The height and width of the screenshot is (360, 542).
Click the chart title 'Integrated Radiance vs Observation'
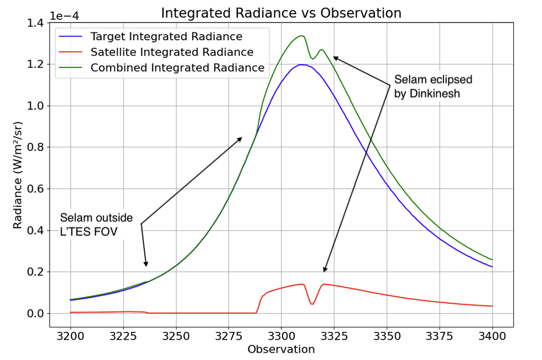click(x=281, y=12)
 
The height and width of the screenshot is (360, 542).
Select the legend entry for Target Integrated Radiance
click(x=166, y=37)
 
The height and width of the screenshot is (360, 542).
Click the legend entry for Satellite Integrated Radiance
click(x=172, y=52)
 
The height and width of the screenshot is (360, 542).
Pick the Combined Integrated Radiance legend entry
click(x=177, y=68)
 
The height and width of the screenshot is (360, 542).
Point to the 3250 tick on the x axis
click(x=176, y=335)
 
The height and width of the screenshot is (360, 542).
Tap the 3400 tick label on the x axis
click(x=492, y=335)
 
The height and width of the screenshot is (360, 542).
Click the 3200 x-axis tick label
click(x=71, y=335)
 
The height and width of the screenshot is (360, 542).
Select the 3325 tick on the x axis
click(x=334, y=335)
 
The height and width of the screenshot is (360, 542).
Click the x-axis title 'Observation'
click(x=281, y=350)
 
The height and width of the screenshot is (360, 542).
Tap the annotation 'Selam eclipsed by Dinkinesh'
click(x=433, y=87)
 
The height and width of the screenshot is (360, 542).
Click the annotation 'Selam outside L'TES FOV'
click(x=96, y=224)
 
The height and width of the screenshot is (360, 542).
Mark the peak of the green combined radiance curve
click(x=301, y=36)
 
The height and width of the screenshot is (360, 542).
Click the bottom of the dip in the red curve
click(x=312, y=304)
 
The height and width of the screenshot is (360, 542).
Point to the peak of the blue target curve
click(x=301, y=65)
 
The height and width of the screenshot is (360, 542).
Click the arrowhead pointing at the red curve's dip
click(x=325, y=270)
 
